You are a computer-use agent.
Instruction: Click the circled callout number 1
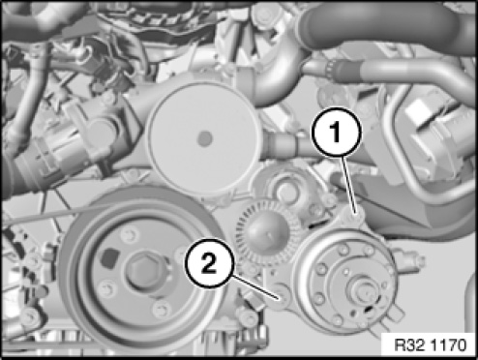pyautogui.click(x=336, y=133)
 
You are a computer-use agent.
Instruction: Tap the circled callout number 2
pyautogui.click(x=209, y=264)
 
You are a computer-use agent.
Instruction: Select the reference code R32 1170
pyautogui.click(x=430, y=345)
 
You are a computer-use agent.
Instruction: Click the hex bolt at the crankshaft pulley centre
pyautogui.click(x=142, y=270)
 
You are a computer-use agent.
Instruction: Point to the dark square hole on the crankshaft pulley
pyautogui.click(x=110, y=257)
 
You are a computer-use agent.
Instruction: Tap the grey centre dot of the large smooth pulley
pyautogui.click(x=204, y=138)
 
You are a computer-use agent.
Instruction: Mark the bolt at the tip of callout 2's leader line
pyautogui.click(x=280, y=296)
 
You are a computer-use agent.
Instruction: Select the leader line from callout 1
pyautogui.click(x=349, y=184)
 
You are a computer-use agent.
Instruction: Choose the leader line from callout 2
pyautogui.click(x=254, y=286)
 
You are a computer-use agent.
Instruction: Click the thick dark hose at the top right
pyautogui.click(x=384, y=26)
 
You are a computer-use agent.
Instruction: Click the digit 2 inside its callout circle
pyautogui.click(x=209, y=264)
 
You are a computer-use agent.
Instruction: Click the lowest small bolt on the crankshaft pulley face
pyautogui.click(x=162, y=309)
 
